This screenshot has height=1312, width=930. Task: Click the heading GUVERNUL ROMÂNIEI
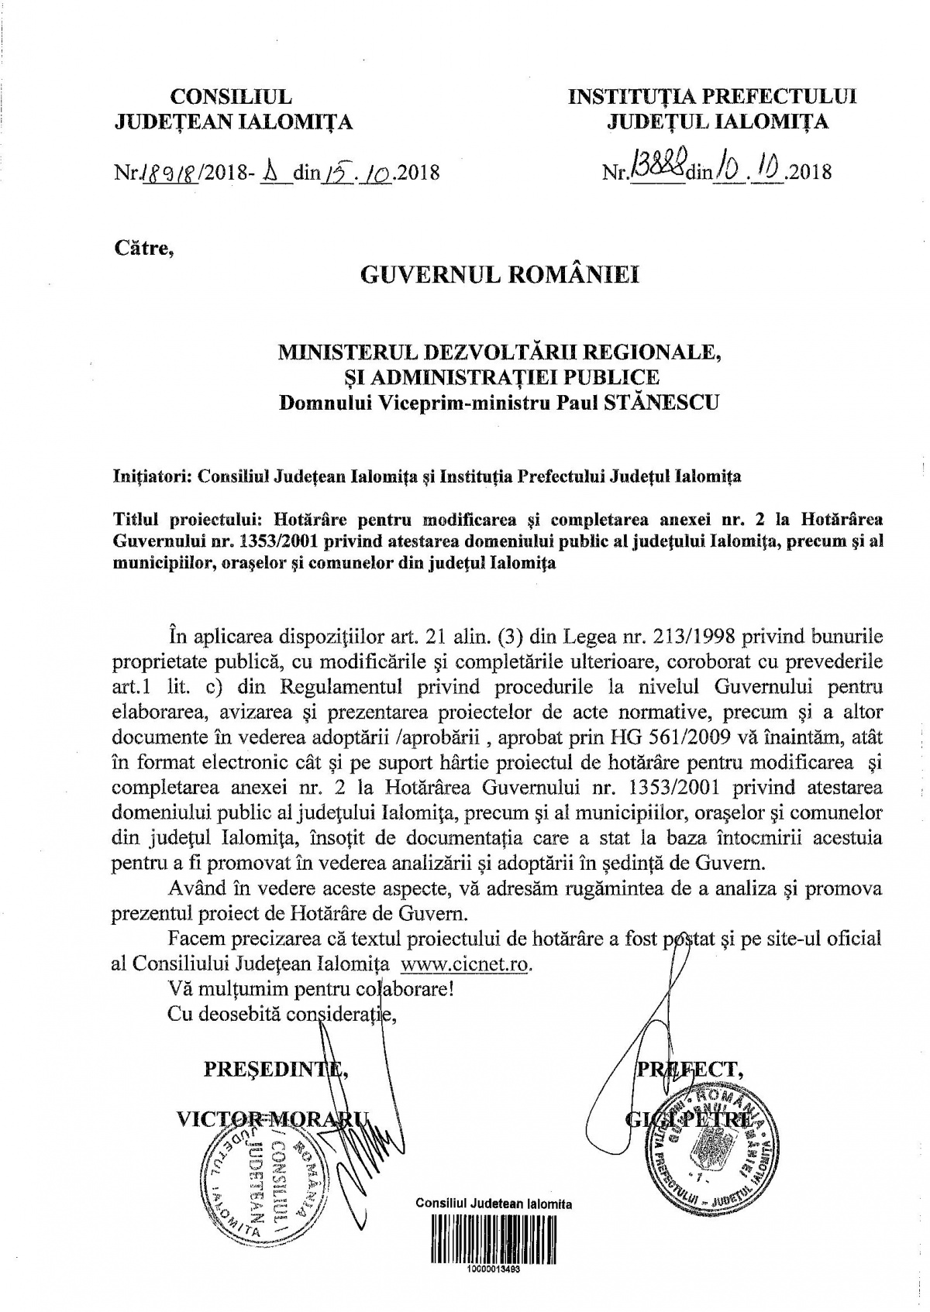pos(500,276)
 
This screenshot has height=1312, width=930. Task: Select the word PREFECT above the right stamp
pos(689,1070)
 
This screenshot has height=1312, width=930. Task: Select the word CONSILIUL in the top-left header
pos(231,96)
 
